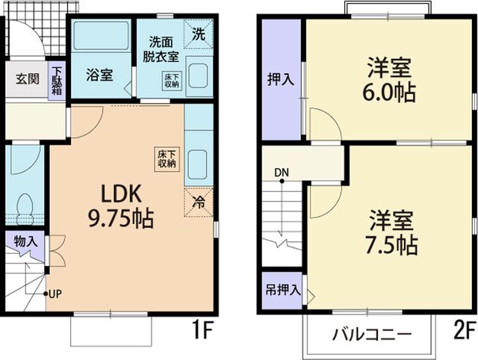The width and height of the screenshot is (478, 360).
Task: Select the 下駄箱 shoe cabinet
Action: pyautogui.click(x=58, y=81)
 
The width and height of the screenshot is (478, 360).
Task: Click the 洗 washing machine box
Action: pyautogui.click(x=199, y=34)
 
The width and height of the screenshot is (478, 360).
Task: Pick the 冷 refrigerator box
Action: pyautogui.click(x=199, y=200)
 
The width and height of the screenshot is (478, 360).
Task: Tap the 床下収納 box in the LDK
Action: pyautogui.click(x=166, y=158)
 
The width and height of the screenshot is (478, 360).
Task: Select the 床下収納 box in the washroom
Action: pyautogui.click(x=170, y=80)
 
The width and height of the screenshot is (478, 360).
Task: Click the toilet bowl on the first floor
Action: pyautogui.click(x=25, y=204)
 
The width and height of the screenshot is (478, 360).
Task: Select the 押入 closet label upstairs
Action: pyautogui.click(x=281, y=79)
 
